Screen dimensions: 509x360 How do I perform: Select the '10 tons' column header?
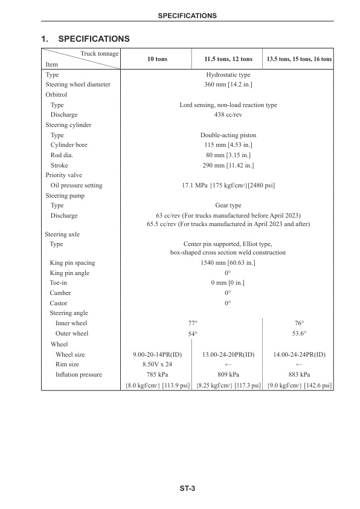(x=157, y=59)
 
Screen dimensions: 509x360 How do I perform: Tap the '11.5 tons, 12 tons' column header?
(x=228, y=59)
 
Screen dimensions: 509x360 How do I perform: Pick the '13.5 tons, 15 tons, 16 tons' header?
(x=299, y=59)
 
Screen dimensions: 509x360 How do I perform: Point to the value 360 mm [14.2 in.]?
(x=228, y=85)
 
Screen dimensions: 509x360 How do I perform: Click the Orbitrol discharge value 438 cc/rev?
(x=228, y=115)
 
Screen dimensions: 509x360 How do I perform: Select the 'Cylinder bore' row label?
(x=68, y=145)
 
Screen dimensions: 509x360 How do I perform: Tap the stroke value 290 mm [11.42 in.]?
(x=228, y=165)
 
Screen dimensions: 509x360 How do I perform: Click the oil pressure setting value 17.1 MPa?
(x=228, y=186)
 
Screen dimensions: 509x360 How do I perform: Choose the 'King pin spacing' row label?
(x=72, y=263)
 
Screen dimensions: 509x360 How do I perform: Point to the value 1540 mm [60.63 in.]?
(x=228, y=263)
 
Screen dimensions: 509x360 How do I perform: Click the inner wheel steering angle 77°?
(x=193, y=323)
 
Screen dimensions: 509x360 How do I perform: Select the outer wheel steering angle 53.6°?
(x=299, y=333)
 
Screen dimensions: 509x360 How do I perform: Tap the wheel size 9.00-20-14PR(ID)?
(x=157, y=354)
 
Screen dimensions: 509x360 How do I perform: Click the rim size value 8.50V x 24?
(x=157, y=365)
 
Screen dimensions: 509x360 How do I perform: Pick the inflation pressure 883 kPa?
(x=299, y=375)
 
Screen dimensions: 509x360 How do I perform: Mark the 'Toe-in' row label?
(x=59, y=283)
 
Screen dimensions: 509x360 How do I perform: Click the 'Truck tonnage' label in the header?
(x=100, y=54)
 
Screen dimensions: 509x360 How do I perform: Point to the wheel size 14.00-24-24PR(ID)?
(x=299, y=354)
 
